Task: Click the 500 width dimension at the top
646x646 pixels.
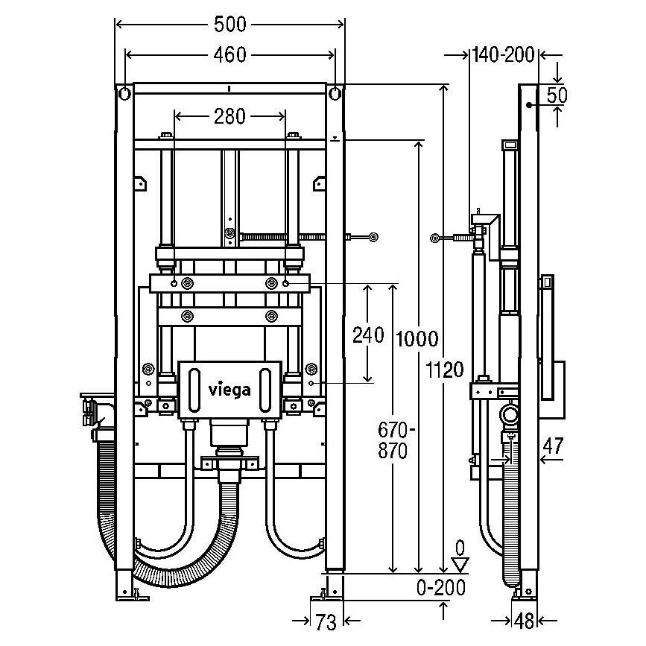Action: coord(229,25)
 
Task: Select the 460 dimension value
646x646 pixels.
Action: coord(229,54)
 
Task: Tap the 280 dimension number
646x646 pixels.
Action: coord(229,115)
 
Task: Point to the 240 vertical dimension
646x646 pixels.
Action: coord(368,335)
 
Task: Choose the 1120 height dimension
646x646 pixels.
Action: coord(447,370)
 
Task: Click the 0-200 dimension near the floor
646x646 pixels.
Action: coord(442,587)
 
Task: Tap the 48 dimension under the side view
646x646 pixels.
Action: coord(525,620)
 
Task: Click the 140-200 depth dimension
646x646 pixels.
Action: coord(504,54)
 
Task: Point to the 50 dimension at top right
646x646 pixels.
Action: coord(557,95)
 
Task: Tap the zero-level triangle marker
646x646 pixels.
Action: coord(460,564)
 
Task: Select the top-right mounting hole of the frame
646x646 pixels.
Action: coord(335,93)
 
